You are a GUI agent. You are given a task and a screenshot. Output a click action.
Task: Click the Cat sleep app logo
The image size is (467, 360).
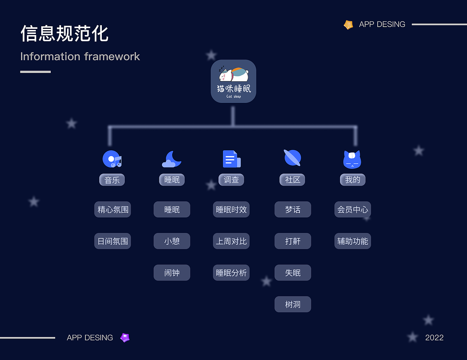pyautogui.click(x=233, y=81)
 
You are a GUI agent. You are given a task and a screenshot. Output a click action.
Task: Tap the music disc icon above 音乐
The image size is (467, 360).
pyautogui.click(x=112, y=159)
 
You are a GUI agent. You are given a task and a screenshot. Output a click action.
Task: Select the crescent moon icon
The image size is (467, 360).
pyautogui.click(x=171, y=159)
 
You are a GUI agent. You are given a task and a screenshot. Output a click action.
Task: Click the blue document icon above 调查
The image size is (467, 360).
pyautogui.click(x=231, y=159)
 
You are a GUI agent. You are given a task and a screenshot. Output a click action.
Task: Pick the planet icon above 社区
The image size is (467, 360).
pyautogui.click(x=293, y=158)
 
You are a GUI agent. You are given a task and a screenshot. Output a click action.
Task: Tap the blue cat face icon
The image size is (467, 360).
pyautogui.click(x=352, y=159)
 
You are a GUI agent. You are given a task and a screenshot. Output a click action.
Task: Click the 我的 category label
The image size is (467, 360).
pyautogui.click(x=352, y=180)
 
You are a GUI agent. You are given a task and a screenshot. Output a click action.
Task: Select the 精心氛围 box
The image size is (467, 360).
pyautogui.click(x=113, y=210)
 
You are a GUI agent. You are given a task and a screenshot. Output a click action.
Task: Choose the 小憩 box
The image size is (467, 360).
pyautogui.click(x=172, y=241)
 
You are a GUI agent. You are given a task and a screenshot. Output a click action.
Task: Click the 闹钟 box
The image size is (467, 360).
pyautogui.click(x=172, y=273)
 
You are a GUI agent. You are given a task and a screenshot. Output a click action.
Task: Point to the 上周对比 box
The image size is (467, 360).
pyautogui.click(x=231, y=241)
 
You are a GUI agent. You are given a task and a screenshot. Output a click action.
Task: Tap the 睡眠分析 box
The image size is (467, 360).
pyautogui.click(x=231, y=273)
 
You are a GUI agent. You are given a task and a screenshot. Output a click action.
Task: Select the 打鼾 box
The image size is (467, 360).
pyautogui.click(x=293, y=241)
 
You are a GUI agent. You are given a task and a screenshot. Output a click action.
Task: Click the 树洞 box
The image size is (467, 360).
pyautogui.click(x=293, y=305)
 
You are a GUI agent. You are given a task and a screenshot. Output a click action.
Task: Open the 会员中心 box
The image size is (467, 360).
pyautogui.click(x=352, y=210)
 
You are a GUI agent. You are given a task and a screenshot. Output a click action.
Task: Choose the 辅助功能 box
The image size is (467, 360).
pyautogui.click(x=352, y=241)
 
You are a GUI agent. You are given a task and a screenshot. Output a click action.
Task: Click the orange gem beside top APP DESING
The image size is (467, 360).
pyautogui.click(x=348, y=25)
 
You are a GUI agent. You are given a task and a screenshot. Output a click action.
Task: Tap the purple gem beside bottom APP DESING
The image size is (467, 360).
pyautogui.click(x=125, y=338)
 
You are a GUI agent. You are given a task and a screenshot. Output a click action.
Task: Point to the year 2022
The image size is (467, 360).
pyautogui.click(x=434, y=338)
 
